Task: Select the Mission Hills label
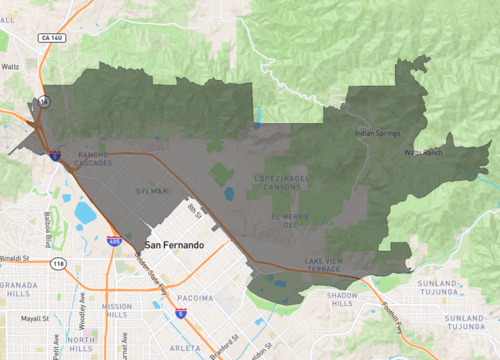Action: pyautogui.click(x=116, y=311)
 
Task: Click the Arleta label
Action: pyautogui.click(x=186, y=347)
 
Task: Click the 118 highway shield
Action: pyautogui.click(x=58, y=264)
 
